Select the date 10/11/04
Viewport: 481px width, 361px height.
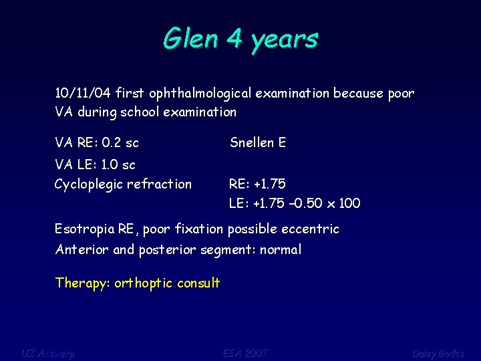click(x=83, y=93)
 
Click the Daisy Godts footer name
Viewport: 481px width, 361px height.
click(x=438, y=353)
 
